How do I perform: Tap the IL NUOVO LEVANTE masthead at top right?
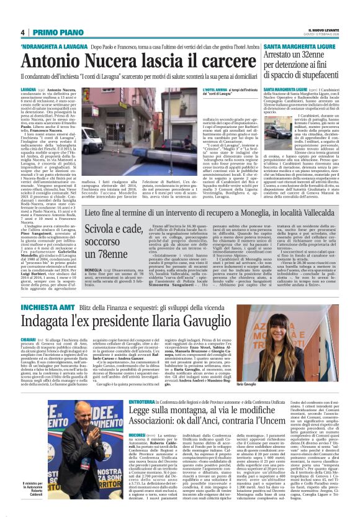tap(320, 29)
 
